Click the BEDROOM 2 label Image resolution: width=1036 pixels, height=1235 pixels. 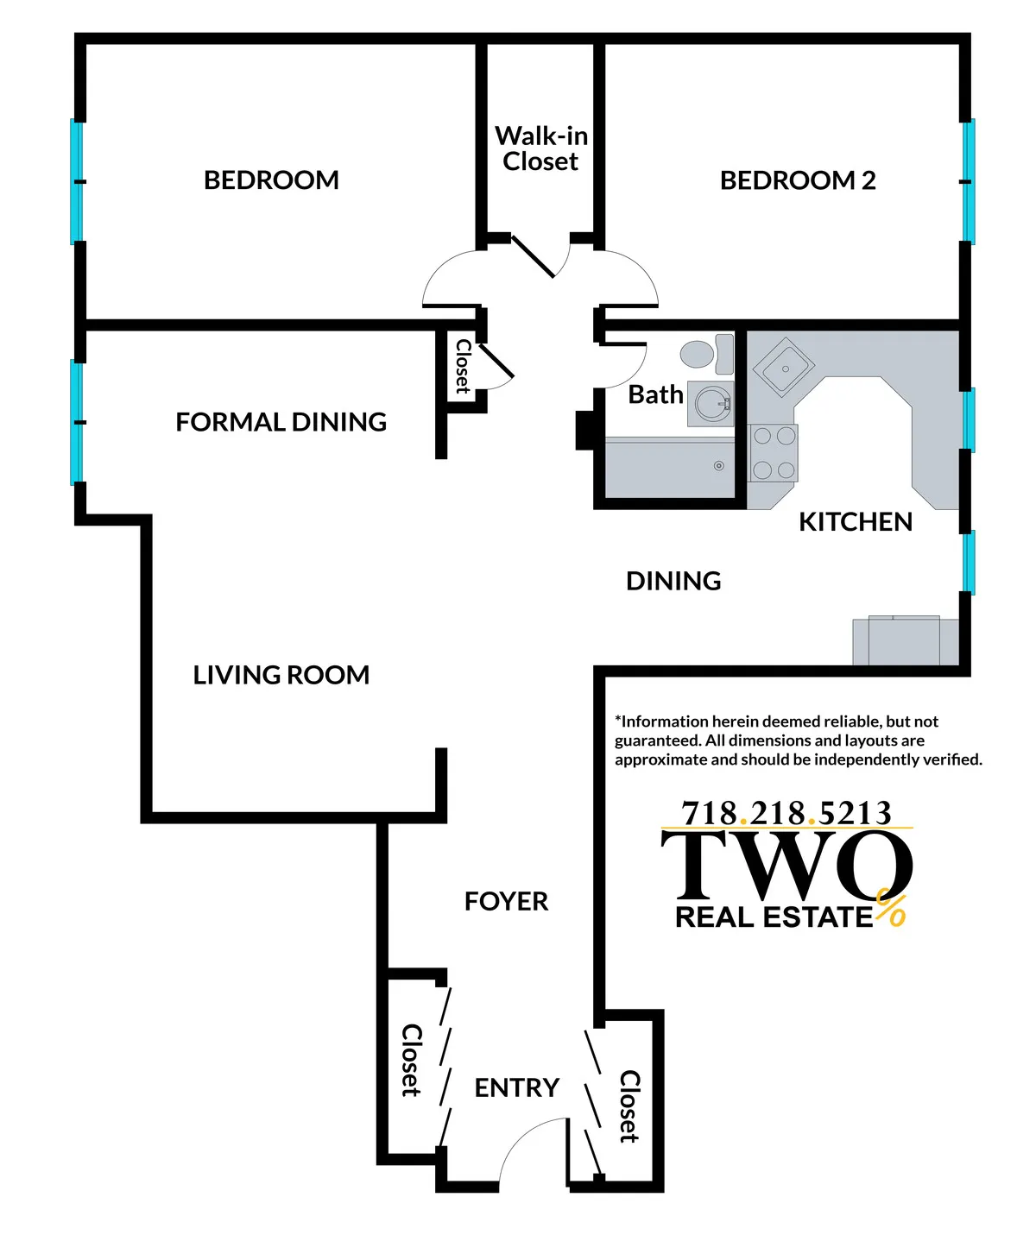pyautogui.click(x=797, y=180)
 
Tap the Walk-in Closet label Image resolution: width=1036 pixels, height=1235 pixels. pyautogui.click(x=541, y=148)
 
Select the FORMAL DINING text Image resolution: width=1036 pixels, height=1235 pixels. pyautogui.click(x=281, y=422)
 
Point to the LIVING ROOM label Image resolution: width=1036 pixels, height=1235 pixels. pyautogui.click(x=281, y=675)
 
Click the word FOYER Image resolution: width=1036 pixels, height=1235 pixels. pyautogui.click(x=506, y=902)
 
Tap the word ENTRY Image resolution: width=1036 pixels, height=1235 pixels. pyautogui.click(x=516, y=1087)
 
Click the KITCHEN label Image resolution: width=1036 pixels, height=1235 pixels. pyautogui.click(x=855, y=522)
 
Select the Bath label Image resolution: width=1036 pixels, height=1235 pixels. pyautogui.click(x=655, y=394)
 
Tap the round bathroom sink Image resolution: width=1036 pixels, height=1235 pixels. pyautogui.click(x=713, y=403)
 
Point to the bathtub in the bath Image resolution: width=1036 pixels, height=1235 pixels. pyautogui.click(x=669, y=468)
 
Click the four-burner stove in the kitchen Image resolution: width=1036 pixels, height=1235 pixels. pyautogui.click(x=774, y=453)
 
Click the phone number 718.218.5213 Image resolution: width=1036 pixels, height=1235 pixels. pyautogui.click(x=786, y=813)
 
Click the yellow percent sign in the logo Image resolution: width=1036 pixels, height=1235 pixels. pyautogui.click(x=891, y=908)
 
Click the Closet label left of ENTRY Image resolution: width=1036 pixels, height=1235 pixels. pyautogui.click(x=412, y=1060)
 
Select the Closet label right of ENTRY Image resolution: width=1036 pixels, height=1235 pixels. pyautogui.click(x=629, y=1106)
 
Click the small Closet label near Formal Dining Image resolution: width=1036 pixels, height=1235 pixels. pyautogui.click(x=463, y=366)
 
